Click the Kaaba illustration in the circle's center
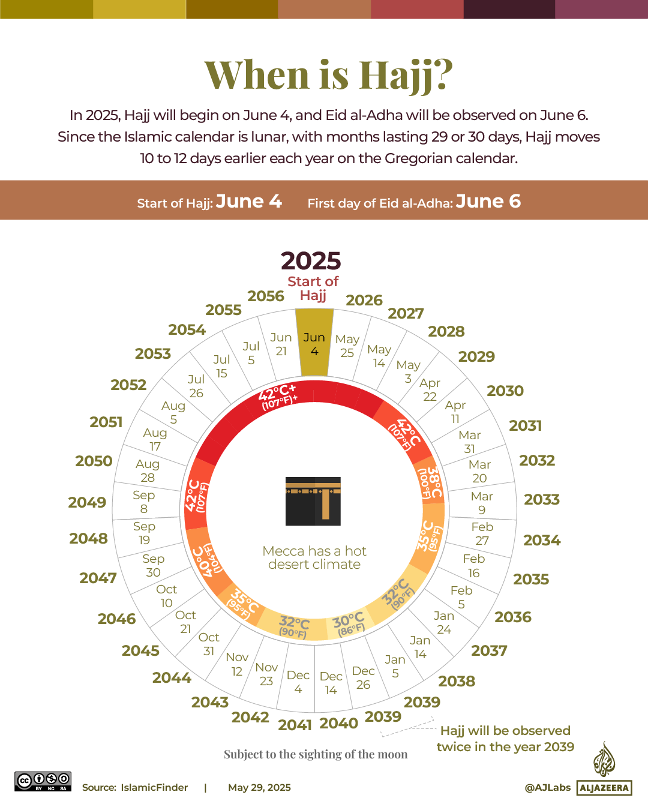tap(313, 502)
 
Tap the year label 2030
tap(505, 391)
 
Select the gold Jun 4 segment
tap(314, 344)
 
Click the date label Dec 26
tap(363, 678)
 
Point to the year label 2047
tap(98, 578)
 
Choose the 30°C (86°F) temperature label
tap(349, 624)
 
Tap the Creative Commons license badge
tap(43, 781)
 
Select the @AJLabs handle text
tap(547, 788)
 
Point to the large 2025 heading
tap(311, 261)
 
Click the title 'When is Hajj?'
tap(329, 75)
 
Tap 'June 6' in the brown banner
tap(488, 202)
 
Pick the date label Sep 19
tap(144, 533)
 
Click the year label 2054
tap(187, 330)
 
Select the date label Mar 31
tap(469, 442)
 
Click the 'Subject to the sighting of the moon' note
tap(316, 754)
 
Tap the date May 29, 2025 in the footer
tap(259, 788)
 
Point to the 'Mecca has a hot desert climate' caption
tap(314, 557)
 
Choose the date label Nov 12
tap(237, 664)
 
